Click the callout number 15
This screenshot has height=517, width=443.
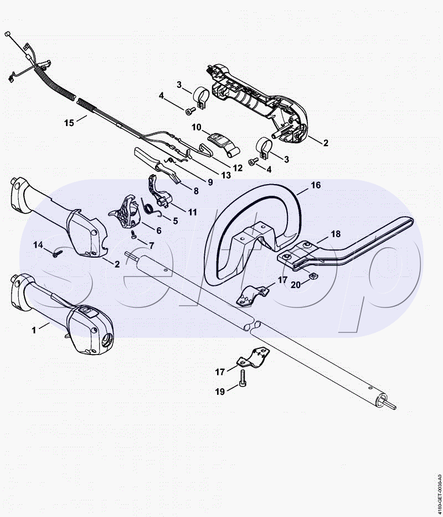[69, 123]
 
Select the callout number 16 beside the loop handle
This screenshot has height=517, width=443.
[315, 185]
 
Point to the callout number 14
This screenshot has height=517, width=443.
[38, 244]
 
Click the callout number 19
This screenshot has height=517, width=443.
[220, 391]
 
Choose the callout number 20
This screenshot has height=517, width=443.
[295, 285]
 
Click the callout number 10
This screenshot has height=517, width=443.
[197, 127]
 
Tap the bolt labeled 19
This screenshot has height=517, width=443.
[244, 379]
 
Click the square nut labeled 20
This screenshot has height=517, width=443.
[312, 276]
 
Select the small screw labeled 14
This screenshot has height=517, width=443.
[57, 254]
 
